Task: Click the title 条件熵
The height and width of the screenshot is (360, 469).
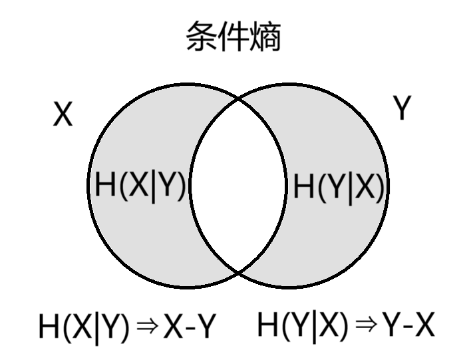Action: click(x=234, y=36)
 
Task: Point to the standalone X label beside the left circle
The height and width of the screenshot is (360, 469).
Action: click(x=63, y=116)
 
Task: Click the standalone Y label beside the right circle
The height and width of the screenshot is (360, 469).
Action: click(x=401, y=108)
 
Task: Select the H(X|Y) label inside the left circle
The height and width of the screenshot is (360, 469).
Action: click(x=140, y=184)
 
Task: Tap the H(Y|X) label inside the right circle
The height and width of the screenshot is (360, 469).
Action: click(x=339, y=188)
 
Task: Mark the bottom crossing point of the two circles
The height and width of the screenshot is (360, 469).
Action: click(x=238, y=272)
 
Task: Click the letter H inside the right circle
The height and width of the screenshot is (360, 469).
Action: click(x=303, y=188)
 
